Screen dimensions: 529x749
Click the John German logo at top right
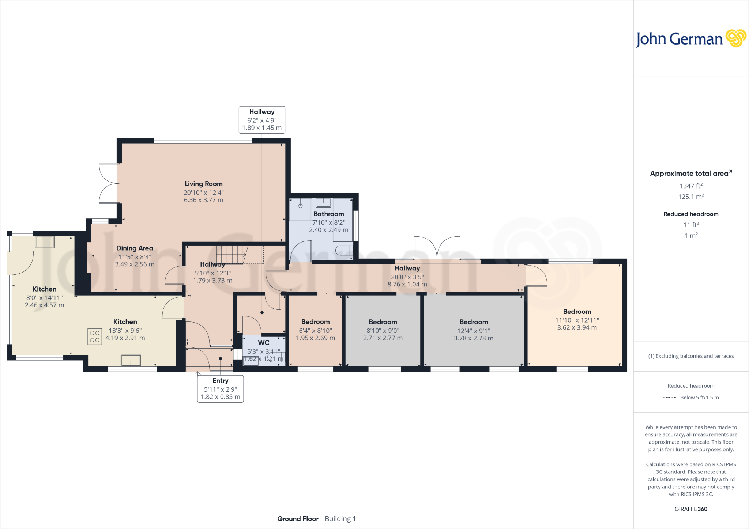690,39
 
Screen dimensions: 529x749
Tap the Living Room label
203,184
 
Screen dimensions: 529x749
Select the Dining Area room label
135,248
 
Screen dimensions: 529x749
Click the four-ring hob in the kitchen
95,336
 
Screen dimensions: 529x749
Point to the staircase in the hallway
232,254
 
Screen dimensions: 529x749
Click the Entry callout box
220,389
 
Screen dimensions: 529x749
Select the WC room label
263,343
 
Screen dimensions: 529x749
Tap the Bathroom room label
328,214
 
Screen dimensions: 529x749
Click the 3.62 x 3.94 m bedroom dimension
577,328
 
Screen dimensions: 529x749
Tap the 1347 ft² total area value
691,186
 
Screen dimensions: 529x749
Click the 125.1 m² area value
691,197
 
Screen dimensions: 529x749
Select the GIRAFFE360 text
691,509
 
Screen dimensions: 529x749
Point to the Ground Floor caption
298,519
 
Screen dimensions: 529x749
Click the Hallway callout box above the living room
262,120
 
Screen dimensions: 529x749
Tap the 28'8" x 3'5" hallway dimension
407,277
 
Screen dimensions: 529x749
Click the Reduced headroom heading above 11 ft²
691,214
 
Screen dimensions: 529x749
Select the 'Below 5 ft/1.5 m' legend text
699,397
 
